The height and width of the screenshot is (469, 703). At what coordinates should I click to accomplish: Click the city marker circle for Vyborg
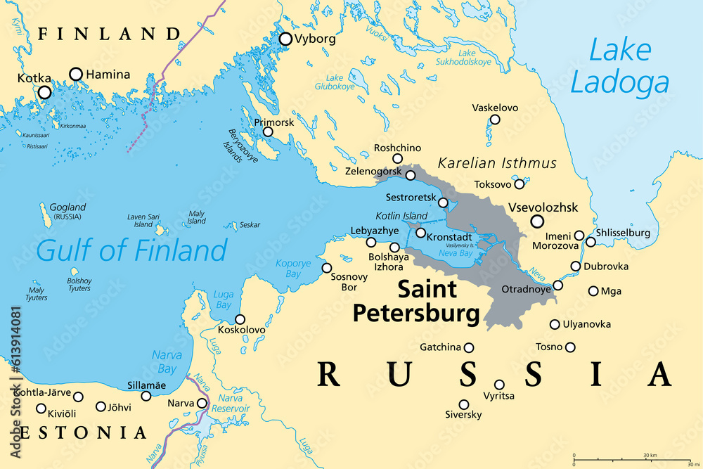point(285,39)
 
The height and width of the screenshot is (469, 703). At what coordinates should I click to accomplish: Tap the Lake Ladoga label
point(619,67)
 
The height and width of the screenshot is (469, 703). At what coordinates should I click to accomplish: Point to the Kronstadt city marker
point(420,233)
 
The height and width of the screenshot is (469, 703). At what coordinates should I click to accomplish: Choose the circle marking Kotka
point(44,92)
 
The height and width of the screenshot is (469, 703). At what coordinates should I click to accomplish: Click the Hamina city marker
point(75,74)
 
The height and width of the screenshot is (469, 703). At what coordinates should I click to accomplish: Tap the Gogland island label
point(67,207)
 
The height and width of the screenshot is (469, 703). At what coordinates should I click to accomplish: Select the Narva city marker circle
point(202,404)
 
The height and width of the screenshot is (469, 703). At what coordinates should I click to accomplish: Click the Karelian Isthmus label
point(497,163)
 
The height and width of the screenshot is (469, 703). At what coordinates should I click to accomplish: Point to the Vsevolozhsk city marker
point(537,221)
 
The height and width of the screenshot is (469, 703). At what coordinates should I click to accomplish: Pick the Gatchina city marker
point(469,347)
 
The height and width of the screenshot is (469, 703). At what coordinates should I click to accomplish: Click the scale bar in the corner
point(636,458)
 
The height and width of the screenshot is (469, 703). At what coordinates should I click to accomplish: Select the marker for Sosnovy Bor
point(327,268)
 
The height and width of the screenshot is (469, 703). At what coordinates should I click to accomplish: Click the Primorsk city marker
point(268,131)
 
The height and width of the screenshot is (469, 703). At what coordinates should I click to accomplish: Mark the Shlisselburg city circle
point(591,242)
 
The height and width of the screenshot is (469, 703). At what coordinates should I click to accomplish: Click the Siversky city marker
point(464,404)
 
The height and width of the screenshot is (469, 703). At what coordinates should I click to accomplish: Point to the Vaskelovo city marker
point(495,120)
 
